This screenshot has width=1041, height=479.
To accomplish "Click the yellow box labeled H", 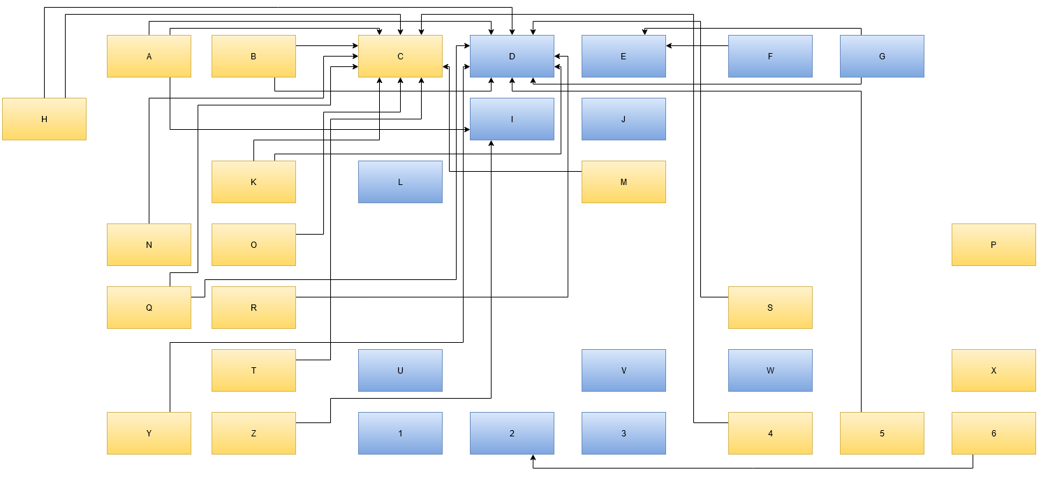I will click(44, 119).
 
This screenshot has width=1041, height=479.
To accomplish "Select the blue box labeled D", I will click(512, 56).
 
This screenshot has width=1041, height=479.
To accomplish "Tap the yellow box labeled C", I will click(400, 56).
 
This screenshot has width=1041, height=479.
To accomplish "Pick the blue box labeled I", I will click(512, 119).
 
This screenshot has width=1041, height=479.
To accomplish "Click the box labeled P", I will click(994, 244).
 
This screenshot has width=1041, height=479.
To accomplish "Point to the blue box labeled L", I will click(400, 182).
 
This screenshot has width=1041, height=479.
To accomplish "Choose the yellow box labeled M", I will click(623, 182).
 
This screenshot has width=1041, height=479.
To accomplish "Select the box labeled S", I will click(770, 307).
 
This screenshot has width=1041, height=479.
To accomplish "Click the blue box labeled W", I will click(770, 370).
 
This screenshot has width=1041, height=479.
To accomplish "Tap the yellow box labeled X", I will click(994, 370).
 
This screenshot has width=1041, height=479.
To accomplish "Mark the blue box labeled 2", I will click(512, 433).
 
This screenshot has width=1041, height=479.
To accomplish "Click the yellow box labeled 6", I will click(994, 433).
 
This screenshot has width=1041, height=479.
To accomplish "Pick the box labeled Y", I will click(149, 433).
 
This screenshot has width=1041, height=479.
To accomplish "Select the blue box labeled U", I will click(400, 370).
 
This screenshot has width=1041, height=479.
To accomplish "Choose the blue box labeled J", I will click(623, 119).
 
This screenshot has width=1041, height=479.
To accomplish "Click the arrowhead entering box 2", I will click(533, 458).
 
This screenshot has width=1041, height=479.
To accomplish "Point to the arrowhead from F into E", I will click(670, 45).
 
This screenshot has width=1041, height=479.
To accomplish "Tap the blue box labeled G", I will click(882, 56).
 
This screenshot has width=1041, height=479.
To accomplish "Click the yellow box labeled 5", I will click(882, 433).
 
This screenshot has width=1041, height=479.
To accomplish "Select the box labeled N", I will click(149, 244).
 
